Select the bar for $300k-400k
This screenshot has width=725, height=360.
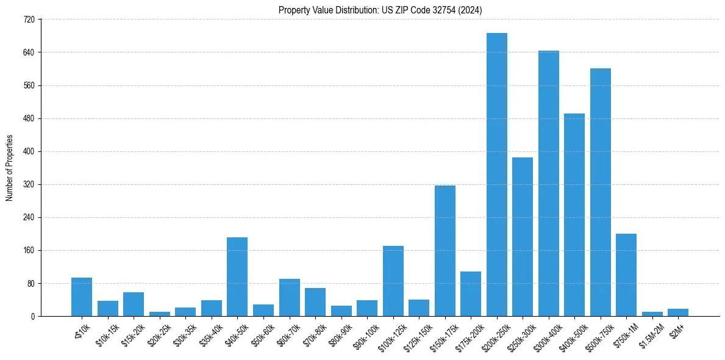coord(548,183)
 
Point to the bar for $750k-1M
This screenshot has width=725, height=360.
coord(626,275)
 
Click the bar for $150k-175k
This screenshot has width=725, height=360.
coord(445,251)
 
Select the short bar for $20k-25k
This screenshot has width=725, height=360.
coord(160,314)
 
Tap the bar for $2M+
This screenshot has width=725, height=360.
coord(678,312)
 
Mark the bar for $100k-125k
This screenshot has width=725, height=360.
coord(393,281)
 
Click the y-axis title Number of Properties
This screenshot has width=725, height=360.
coord(9,168)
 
